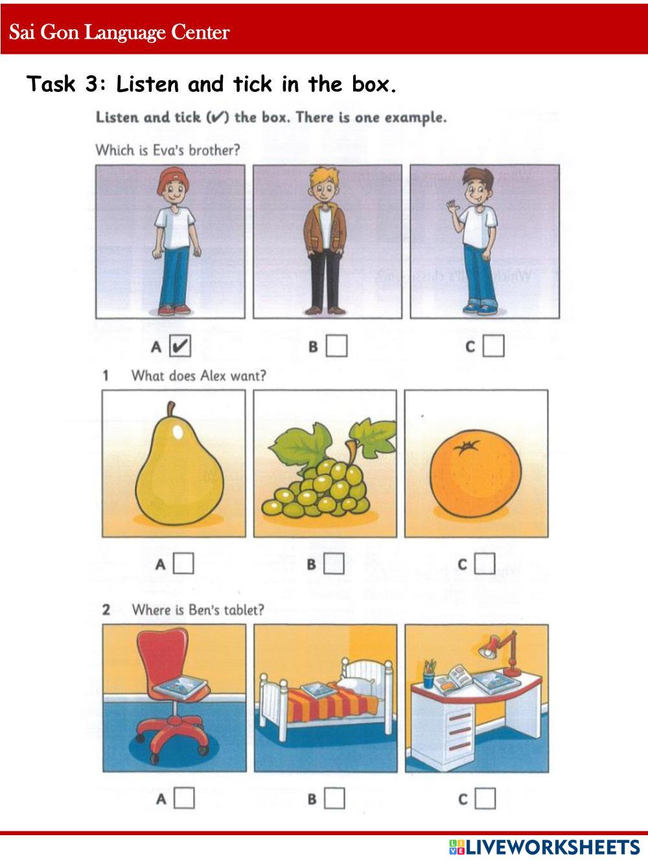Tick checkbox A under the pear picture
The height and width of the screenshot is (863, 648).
[x=184, y=563]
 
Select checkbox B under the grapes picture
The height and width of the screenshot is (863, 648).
[x=334, y=563]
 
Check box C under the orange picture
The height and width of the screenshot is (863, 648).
[x=485, y=563]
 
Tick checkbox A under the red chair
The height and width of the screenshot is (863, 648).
[x=184, y=798]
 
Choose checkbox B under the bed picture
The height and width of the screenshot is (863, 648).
[x=335, y=798]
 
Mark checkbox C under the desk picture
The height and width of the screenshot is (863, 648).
[x=485, y=798]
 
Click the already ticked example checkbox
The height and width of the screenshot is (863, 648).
[x=180, y=346]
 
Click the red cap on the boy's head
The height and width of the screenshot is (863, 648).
[x=172, y=181]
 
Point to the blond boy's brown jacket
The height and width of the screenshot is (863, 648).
[x=325, y=229]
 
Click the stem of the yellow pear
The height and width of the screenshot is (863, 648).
[x=170, y=409]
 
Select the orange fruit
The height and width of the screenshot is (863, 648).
[x=476, y=473]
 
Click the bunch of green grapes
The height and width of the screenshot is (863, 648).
[x=316, y=489]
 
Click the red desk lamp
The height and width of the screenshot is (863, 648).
[x=502, y=653]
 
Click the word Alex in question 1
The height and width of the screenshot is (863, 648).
[x=213, y=375]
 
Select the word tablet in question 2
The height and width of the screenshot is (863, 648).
[x=244, y=610]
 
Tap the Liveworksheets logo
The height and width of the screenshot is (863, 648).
[x=544, y=847]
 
